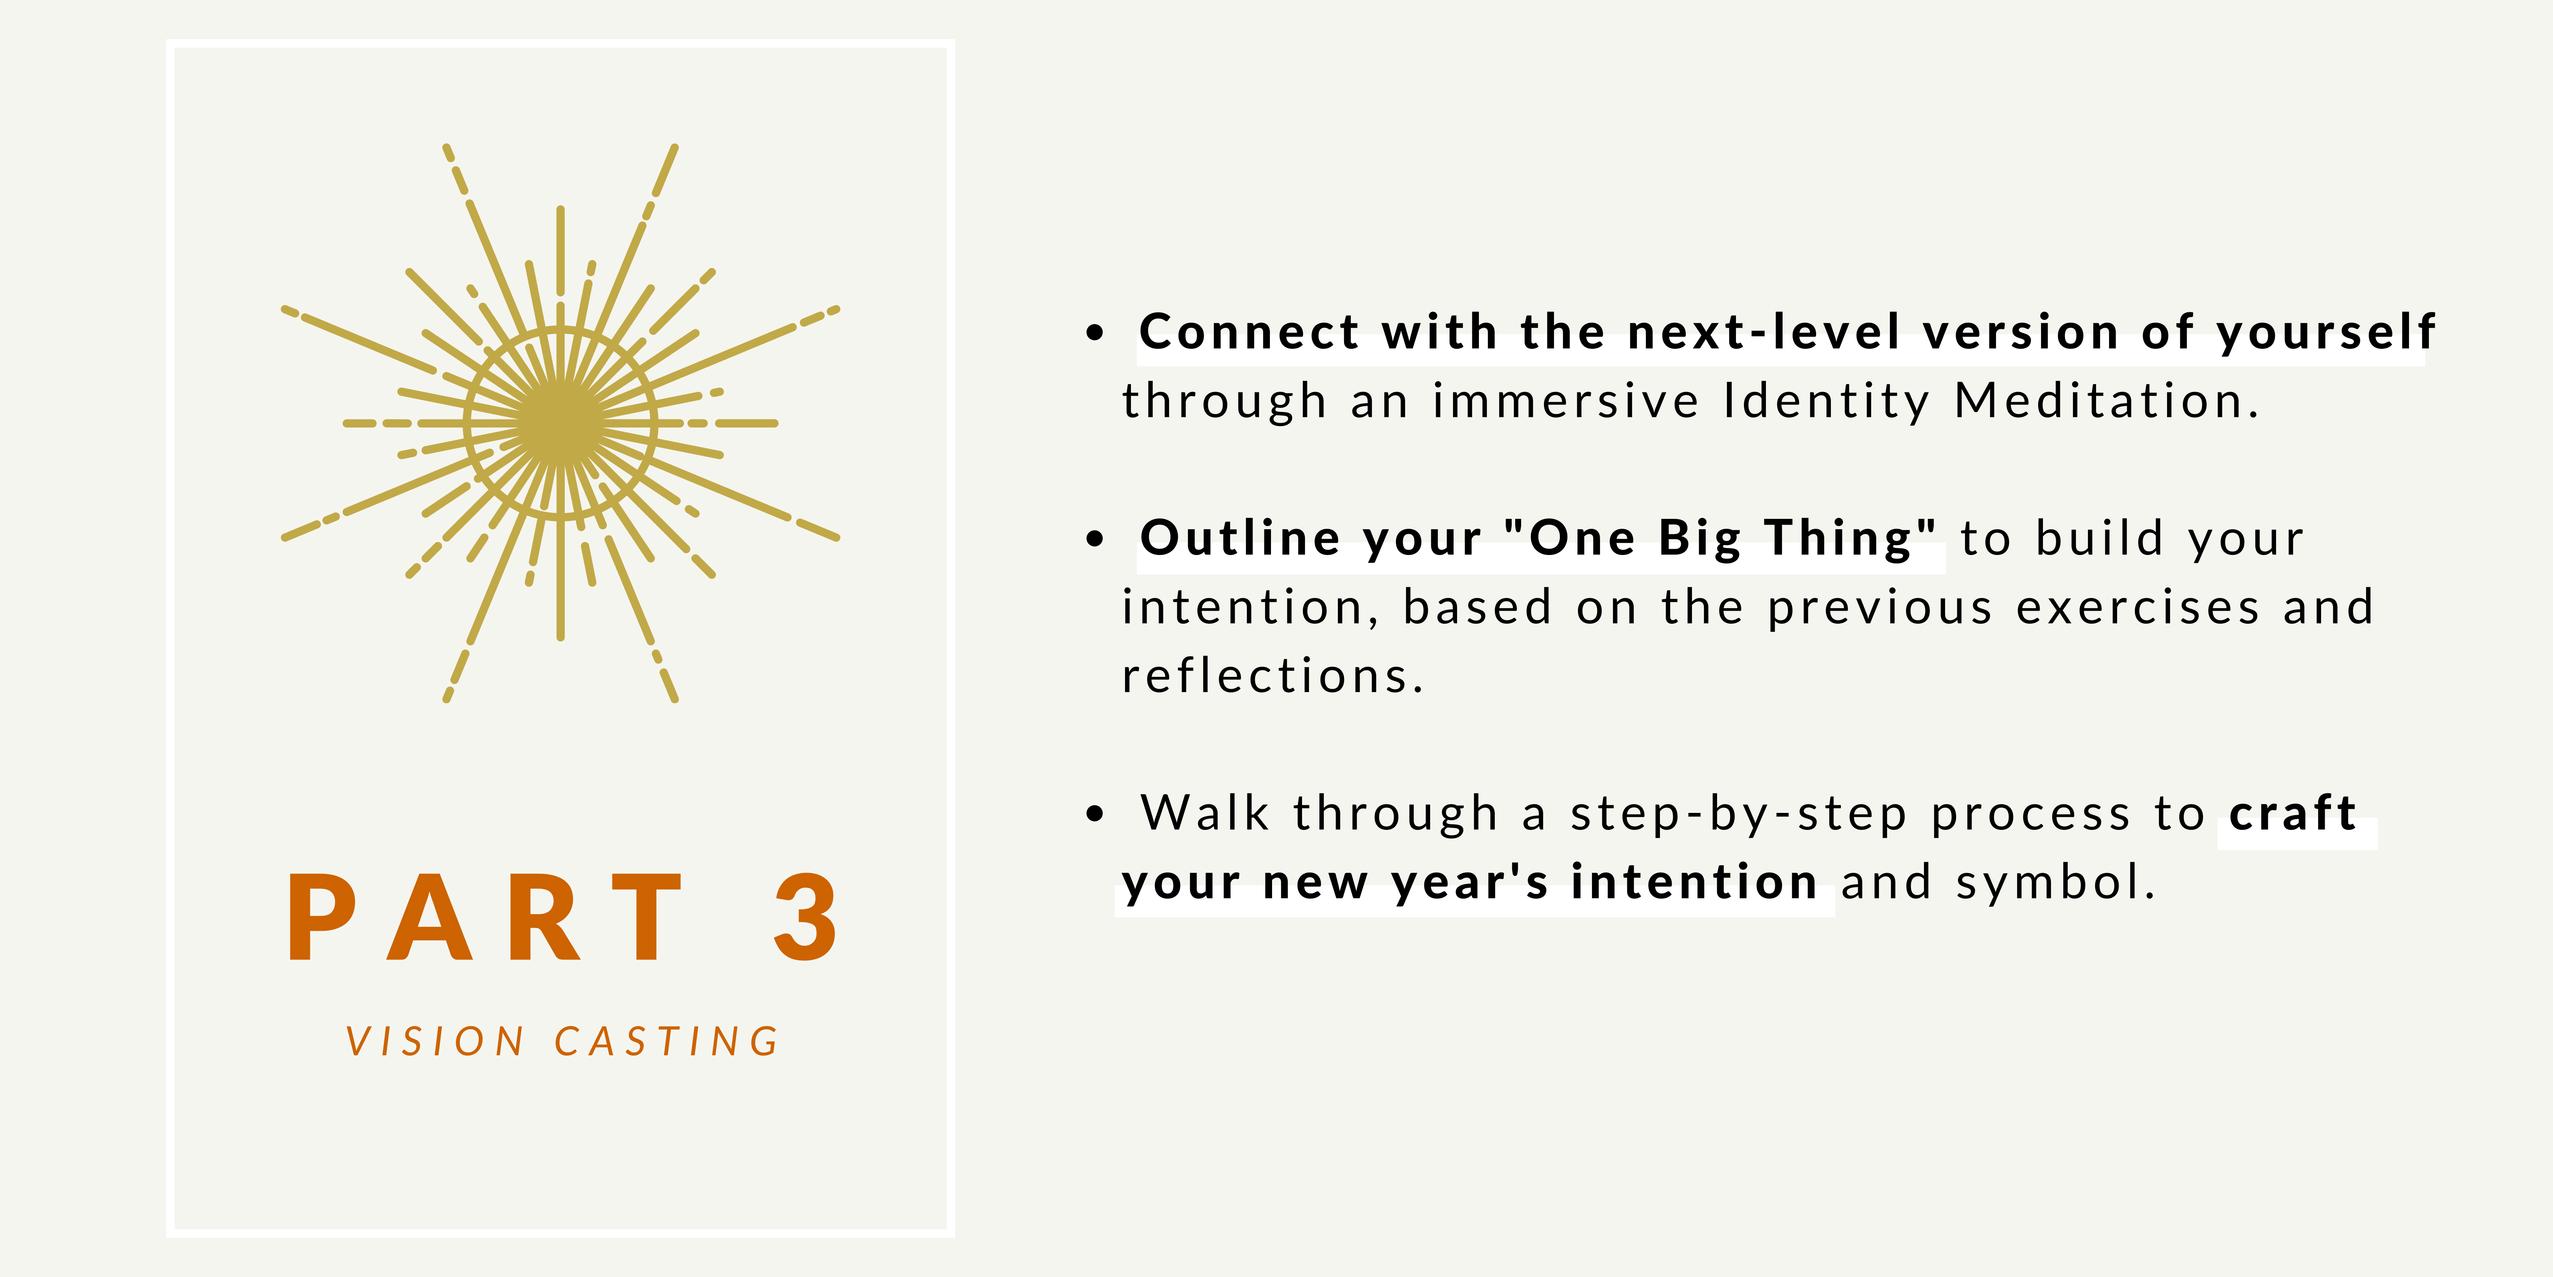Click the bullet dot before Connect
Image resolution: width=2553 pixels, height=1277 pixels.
pos(1094,332)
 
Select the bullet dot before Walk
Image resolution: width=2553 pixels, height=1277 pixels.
pos(1094,814)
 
